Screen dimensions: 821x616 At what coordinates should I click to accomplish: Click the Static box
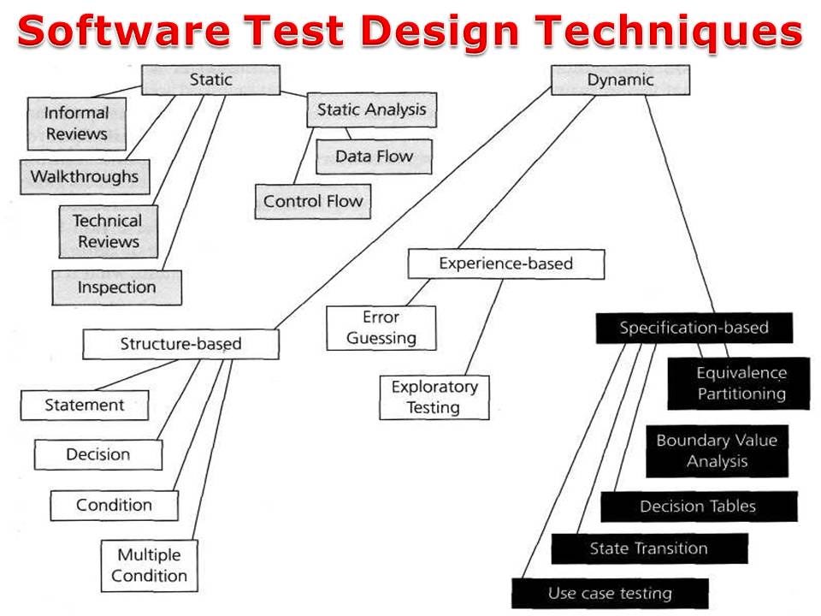(x=210, y=80)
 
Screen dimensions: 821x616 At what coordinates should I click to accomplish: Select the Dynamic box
(x=620, y=80)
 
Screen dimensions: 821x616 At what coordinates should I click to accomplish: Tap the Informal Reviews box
(x=76, y=123)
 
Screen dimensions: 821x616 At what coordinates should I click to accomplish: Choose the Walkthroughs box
(x=84, y=177)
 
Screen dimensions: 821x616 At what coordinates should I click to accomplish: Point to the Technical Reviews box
(x=108, y=231)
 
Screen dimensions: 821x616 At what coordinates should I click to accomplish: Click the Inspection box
(x=116, y=287)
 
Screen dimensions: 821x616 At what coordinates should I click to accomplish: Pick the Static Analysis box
(x=371, y=110)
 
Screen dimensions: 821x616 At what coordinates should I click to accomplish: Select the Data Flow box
(x=374, y=157)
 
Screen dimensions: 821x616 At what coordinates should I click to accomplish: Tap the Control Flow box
(x=313, y=202)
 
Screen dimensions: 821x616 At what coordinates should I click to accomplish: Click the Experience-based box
(x=505, y=264)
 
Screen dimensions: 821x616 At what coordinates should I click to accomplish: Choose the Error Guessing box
(x=381, y=328)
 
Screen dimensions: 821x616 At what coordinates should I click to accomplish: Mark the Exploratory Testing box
(x=434, y=397)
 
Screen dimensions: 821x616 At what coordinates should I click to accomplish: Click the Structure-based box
(x=180, y=344)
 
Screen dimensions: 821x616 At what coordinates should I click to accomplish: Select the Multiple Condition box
(x=149, y=565)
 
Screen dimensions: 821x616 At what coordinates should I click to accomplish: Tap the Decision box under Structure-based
(x=98, y=454)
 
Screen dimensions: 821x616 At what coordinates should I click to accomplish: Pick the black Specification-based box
(x=694, y=328)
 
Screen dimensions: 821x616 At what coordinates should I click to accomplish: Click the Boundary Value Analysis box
(x=717, y=451)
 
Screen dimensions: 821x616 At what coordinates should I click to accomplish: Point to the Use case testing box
(x=610, y=593)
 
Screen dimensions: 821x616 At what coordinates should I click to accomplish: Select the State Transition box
(x=649, y=548)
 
